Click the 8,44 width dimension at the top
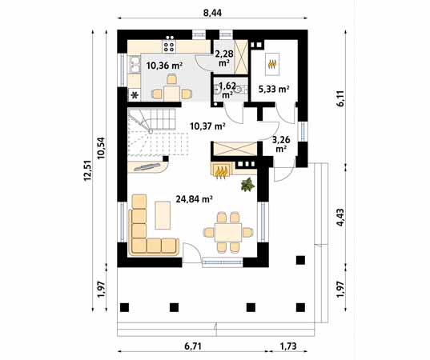[212, 13]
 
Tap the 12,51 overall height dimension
[88, 170]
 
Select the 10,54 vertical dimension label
[101, 148]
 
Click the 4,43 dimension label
[340, 218]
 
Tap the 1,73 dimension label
[288, 346]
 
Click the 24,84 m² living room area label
[194, 199]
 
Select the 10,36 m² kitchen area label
[164, 66]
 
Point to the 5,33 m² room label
[274, 89]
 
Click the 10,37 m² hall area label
[207, 126]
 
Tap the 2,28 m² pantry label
[224, 58]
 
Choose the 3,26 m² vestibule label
[281, 144]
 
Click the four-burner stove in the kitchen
[169, 46]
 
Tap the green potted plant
[247, 184]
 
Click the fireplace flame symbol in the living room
[221, 173]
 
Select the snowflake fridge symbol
[135, 95]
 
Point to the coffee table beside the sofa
[163, 215]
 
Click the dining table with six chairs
[228, 232]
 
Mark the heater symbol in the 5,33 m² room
[272, 64]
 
